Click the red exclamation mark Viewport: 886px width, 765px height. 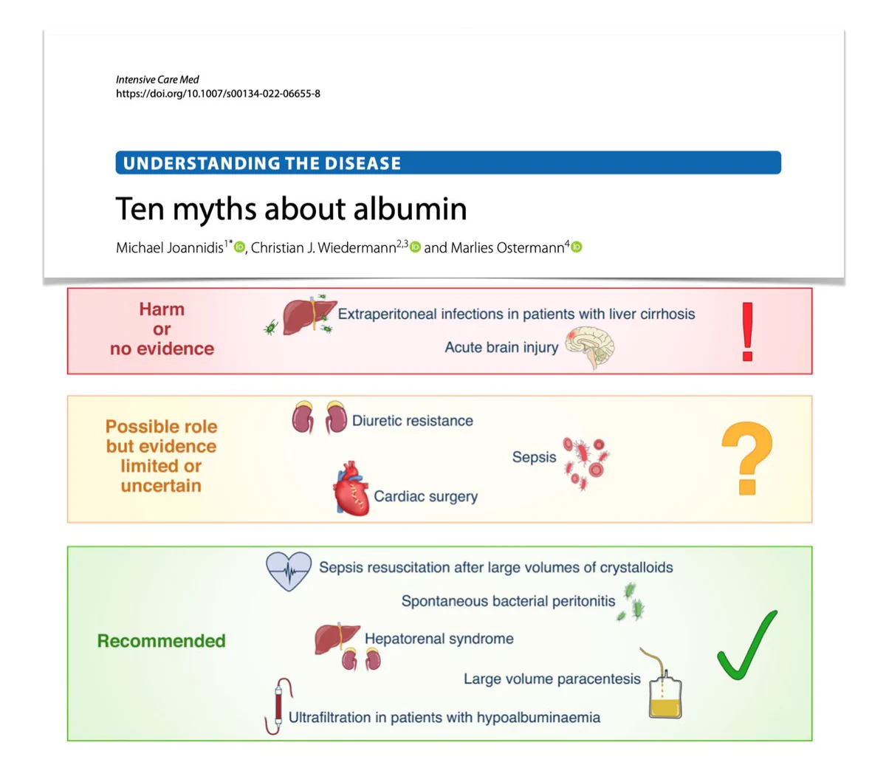coord(747,332)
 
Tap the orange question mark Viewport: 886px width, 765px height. coord(747,457)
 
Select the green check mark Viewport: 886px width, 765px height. coord(746,645)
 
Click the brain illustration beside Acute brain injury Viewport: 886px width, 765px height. coord(590,347)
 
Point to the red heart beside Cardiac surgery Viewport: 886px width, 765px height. coord(351,488)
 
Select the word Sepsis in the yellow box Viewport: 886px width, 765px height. coord(534,457)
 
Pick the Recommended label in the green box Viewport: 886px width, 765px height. coord(161,641)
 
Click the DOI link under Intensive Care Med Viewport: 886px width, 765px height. coord(219,94)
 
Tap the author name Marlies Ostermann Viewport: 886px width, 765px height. coord(507,248)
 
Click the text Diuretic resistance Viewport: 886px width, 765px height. coord(412,421)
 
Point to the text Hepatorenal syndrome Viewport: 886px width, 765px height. coord(439,639)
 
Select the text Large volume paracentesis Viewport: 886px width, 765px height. coord(552,679)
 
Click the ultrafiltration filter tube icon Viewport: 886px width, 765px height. coord(278,705)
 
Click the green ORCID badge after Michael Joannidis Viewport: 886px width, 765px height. coord(239,247)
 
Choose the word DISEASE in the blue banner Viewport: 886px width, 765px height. coord(363,163)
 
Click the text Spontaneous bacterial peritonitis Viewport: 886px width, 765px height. coord(509,601)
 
